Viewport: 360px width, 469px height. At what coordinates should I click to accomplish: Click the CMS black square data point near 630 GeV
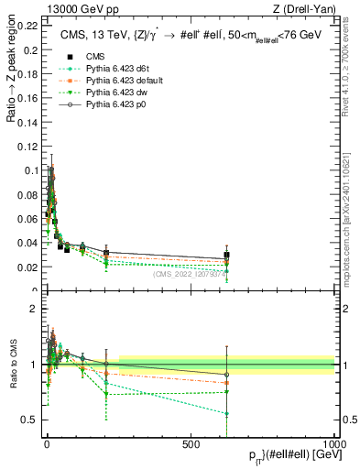226,256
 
